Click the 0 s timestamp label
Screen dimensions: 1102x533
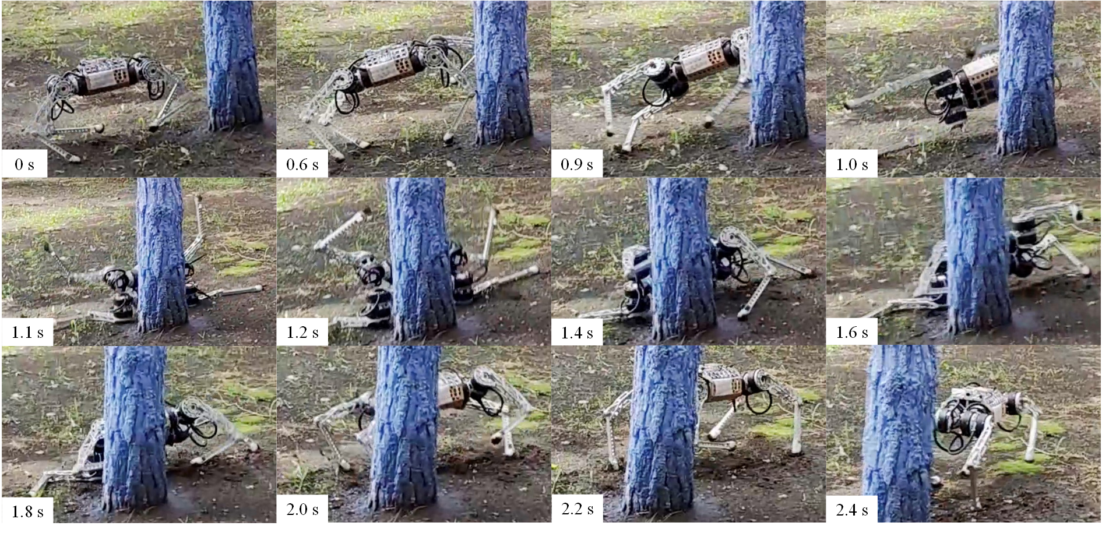[24, 165]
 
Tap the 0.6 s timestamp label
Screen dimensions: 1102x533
[302, 165]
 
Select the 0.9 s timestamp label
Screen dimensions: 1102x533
[577, 165]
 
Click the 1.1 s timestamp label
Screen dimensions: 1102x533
[27, 333]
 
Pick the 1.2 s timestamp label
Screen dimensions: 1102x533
[302, 333]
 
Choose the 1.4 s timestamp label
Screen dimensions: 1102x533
[577, 333]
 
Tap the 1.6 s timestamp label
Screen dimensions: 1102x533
[852, 333]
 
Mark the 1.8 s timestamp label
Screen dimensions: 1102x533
[27, 512]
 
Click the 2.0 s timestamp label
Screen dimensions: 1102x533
[302, 510]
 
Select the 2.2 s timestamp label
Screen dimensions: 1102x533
[577, 509]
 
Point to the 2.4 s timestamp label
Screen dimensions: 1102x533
[852, 510]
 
